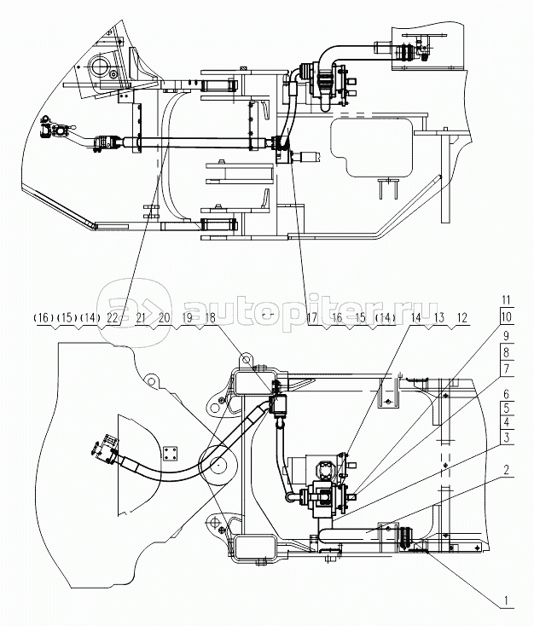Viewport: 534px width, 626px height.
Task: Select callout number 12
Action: click(x=462, y=317)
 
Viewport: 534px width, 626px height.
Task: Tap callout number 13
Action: click(x=439, y=317)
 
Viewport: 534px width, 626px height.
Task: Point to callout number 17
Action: click(x=312, y=317)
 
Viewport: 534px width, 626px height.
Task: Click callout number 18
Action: click(x=210, y=317)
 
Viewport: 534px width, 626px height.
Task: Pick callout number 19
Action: click(x=186, y=317)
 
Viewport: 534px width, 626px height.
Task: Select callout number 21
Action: click(x=138, y=317)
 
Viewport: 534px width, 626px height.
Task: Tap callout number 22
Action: click(x=113, y=317)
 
